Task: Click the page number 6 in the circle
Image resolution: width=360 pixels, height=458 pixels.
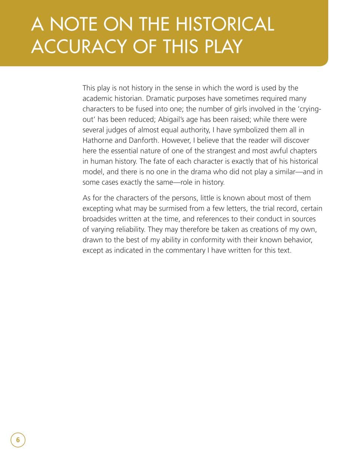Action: (18, 440)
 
